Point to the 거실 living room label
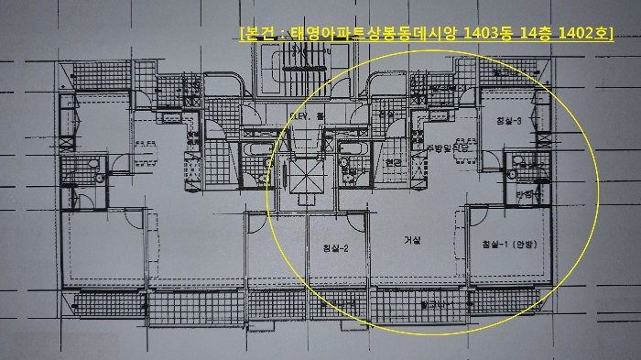[x=411, y=241]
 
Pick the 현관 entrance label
[x=394, y=162]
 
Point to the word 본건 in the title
[x=258, y=35]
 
